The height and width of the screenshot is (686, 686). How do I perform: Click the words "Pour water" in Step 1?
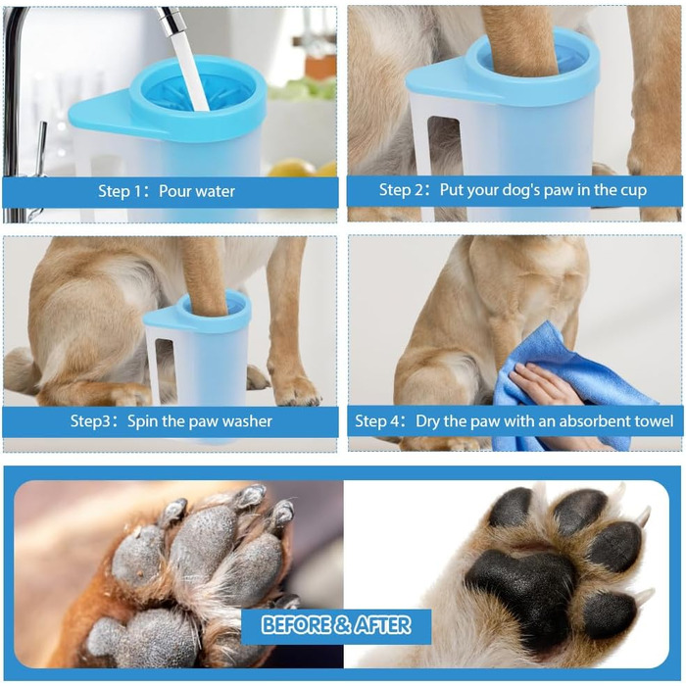[x=197, y=191]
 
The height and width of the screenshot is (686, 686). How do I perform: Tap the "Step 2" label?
[x=401, y=190]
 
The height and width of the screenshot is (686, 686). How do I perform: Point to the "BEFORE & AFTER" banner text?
[x=336, y=625]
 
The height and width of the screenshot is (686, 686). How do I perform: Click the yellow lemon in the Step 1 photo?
[x=291, y=169]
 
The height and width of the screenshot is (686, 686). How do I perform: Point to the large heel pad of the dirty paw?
[x=144, y=637]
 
